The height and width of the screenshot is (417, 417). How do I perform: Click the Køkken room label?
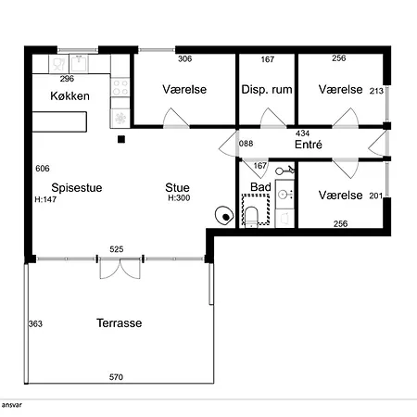point(69,96)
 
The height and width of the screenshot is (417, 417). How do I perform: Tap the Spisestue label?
point(77,188)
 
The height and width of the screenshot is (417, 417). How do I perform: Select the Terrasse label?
point(120,323)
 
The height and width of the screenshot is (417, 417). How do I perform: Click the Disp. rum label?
point(267,90)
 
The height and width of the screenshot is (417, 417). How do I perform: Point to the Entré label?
point(309,145)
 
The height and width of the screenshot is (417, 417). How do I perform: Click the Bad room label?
point(260,187)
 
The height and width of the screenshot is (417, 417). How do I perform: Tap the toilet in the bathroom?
point(251,216)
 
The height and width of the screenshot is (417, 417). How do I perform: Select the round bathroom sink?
point(284,195)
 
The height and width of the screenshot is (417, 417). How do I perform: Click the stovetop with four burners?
point(120,87)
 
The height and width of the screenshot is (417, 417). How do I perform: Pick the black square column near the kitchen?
point(121,139)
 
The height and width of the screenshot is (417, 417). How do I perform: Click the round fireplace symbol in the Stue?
point(224,215)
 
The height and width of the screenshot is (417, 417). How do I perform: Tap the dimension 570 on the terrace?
point(116,377)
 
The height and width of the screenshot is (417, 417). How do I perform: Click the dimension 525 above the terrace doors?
point(117,249)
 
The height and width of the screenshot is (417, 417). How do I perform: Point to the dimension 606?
point(43,169)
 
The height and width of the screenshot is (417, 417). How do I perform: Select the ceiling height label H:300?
point(179,198)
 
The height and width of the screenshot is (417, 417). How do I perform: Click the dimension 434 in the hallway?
point(302,133)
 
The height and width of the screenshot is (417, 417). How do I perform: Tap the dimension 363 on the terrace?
point(35,323)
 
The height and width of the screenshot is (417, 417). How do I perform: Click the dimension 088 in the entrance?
point(246,144)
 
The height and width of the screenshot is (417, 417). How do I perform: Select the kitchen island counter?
point(59,122)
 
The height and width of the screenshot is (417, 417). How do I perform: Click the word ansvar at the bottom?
point(12,405)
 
